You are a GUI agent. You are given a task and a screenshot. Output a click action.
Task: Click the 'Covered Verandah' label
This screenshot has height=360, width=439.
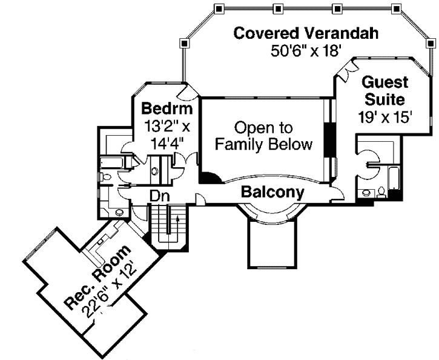click(306, 33)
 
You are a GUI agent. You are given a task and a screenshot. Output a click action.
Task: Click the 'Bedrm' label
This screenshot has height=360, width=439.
click(167, 109)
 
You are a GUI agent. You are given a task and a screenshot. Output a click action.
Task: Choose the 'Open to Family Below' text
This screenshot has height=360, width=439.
click(263, 136)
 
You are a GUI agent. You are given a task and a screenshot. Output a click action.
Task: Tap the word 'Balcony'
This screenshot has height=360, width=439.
click(272, 192)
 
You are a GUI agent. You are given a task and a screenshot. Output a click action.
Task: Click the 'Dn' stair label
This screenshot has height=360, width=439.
click(159, 196)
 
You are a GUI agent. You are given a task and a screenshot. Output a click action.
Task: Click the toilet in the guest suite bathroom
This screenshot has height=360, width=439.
click(381, 193)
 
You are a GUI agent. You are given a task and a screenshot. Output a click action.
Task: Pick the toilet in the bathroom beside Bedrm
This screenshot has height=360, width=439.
click(107, 178)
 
